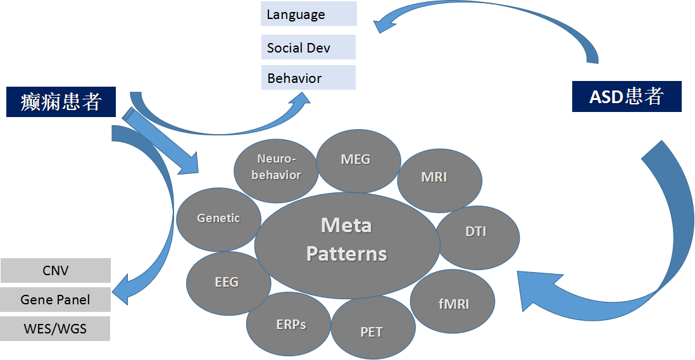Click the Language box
(x=308, y=14)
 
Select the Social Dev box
(x=308, y=47)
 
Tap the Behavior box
(x=308, y=78)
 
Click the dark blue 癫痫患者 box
(x=61, y=102)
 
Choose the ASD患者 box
(x=626, y=97)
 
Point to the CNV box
(x=56, y=270)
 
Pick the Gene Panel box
(x=56, y=299)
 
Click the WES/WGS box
(x=56, y=329)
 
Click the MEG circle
(x=358, y=159)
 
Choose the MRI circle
(x=434, y=177)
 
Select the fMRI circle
(x=453, y=303)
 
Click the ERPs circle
(x=291, y=324)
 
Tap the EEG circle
(x=227, y=282)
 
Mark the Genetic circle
(x=219, y=218)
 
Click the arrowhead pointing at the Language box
(x=382, y=26)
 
